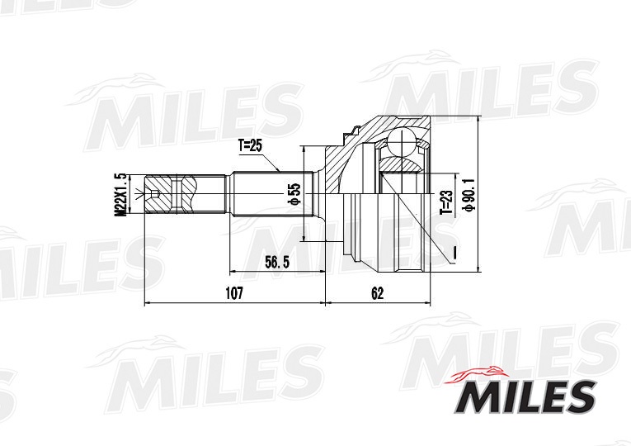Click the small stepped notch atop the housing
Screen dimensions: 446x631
[353, 130]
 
